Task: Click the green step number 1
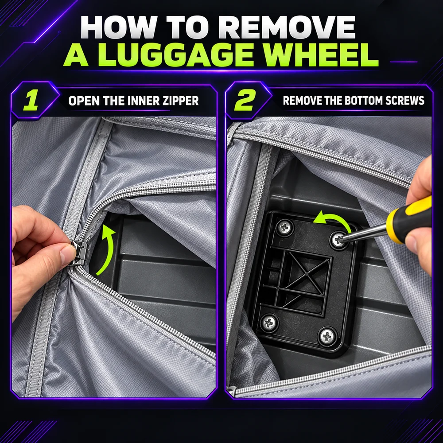tap(31, 100)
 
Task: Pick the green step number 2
tap(245, 100)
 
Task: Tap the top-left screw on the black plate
tap(285, 227)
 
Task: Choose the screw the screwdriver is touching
tap(338, 240)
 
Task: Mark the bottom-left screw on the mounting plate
tap(269, 322)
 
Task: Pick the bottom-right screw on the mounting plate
tap(327, 336)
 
